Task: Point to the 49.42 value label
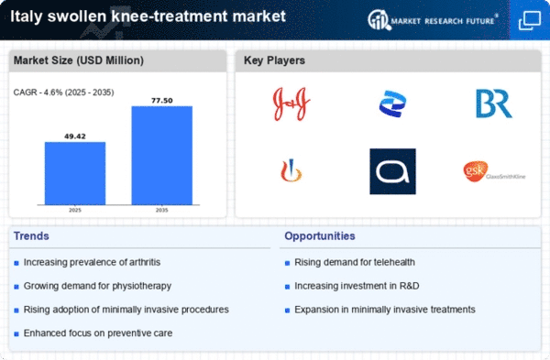point(74,135)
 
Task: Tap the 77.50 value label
point(161,99)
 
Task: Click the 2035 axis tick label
point(161,210)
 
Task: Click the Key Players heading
point(275,61)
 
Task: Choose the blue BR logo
point(493,103)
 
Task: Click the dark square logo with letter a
point(392,171)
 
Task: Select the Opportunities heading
point(320,235)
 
